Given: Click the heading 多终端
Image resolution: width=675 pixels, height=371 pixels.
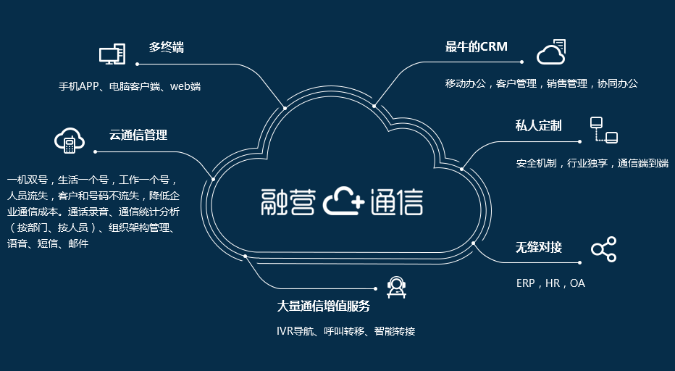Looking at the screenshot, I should (167, 48).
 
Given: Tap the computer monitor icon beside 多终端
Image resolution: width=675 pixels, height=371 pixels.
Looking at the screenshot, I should (112, 54).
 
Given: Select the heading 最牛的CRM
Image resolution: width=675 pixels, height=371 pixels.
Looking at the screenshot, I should (476, 47).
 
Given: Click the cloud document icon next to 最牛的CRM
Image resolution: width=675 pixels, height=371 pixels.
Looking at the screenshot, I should (551, 52).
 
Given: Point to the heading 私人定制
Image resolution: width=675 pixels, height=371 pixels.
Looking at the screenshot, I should (538, 125).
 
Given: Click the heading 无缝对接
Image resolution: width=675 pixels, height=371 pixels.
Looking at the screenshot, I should (538, 247).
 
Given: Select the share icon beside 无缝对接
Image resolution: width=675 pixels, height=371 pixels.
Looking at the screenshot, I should (603, 249).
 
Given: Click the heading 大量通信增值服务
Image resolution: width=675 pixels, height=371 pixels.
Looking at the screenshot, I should (323, 306).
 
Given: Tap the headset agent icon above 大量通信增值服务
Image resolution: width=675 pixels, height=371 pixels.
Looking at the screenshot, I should (396, 287).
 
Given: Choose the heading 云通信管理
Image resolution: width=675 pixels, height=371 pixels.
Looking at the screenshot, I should (138, 135).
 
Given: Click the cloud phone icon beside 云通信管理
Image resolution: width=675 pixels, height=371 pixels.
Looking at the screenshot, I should (70, 141).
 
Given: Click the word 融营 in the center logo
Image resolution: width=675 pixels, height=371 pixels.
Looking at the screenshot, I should (288, 203).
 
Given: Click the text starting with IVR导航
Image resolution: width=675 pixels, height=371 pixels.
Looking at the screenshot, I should (345, 331).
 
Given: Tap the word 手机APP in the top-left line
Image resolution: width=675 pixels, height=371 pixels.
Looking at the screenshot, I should (78, 86).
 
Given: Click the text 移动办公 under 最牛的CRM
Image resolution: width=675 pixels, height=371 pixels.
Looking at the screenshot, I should (468, 83).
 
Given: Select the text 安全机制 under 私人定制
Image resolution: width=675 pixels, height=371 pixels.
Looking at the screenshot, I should (536, 163).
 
